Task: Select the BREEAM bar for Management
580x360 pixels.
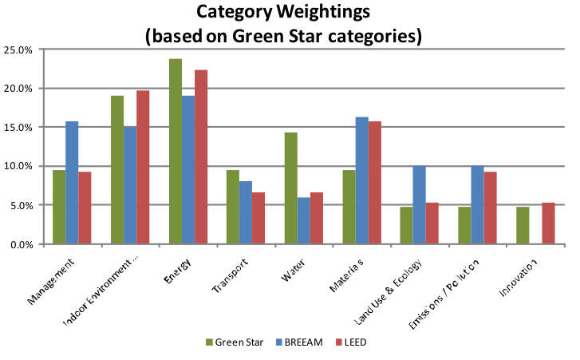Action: point(72,183)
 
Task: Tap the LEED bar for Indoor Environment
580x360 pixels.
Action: point(143,167)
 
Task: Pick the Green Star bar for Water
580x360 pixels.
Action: point(291,188)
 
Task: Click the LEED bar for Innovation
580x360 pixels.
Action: point(548,224)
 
